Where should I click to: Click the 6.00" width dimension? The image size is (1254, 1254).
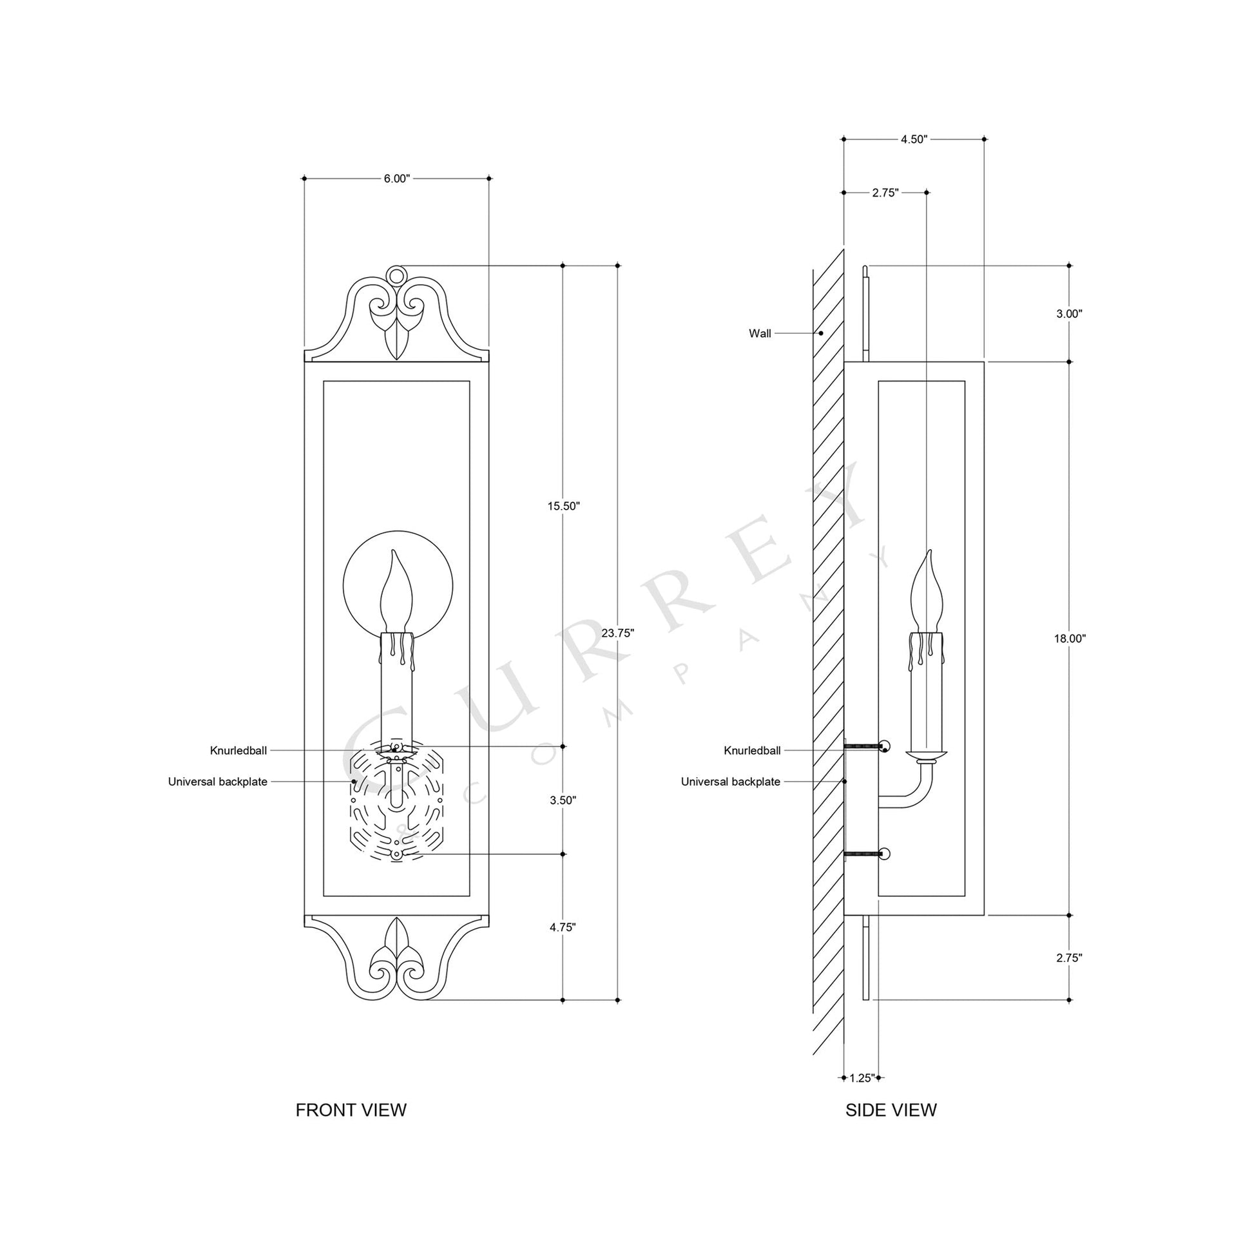click(396, 178)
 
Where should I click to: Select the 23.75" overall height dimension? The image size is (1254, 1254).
click(617, 633)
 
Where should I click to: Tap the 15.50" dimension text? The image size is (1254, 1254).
click(563, 506)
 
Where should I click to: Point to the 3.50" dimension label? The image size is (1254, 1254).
click(563, 800)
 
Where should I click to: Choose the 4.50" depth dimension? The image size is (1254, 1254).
click(914, 139)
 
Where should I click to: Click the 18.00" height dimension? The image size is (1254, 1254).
click(1070, 639)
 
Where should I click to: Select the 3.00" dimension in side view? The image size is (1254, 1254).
click(1070, 313)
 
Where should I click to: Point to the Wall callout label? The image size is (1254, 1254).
click(760, 334)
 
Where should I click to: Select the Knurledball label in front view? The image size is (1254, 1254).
click(238, 751)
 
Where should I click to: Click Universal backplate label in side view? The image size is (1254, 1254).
click(730, 782)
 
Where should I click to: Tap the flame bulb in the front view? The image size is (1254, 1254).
click(396, 594)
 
